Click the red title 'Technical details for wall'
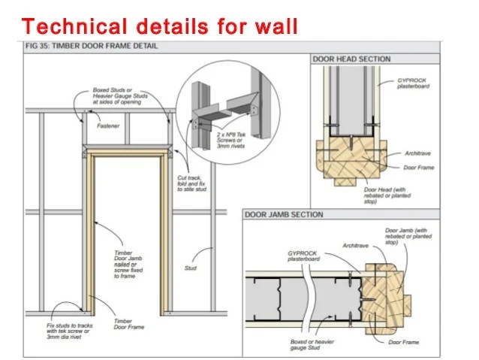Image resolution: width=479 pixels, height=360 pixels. click(x=160, y=26)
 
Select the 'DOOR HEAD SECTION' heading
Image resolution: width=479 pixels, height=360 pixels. click(x=351, y=59)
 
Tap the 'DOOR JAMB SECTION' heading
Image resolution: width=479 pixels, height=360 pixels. click(x=285, y=215)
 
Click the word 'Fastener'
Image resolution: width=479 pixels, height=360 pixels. click(x=109, y=126)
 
